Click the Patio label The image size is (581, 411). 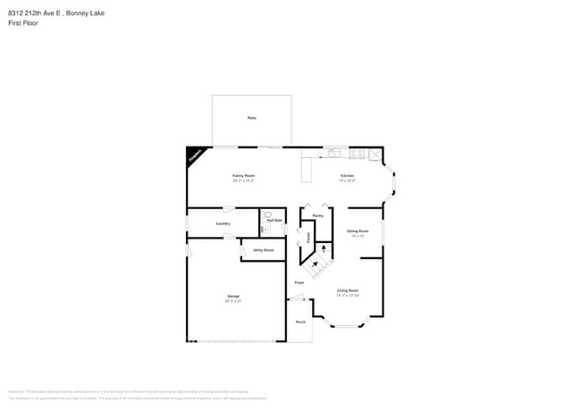click(252, 118)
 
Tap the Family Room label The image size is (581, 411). click(244, 176)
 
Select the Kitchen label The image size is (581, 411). click(347, 176)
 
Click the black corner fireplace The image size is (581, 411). click(194, 155)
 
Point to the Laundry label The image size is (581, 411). click(223, 223)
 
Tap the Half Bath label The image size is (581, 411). click(274, 221)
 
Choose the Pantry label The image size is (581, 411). click(317, 215)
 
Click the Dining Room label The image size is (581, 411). click(358, 231)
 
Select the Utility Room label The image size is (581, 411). click(263, 250)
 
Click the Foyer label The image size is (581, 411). click(299, 282)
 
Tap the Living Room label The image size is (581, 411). click(348, 290)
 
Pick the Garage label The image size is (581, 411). click(232, 296)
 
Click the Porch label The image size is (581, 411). click(300, 322)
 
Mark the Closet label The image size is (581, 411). click(308, 239)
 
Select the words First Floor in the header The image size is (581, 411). click(22, 22)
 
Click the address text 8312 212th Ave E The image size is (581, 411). click(35, 12)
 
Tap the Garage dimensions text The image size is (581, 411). click(232, 301)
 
